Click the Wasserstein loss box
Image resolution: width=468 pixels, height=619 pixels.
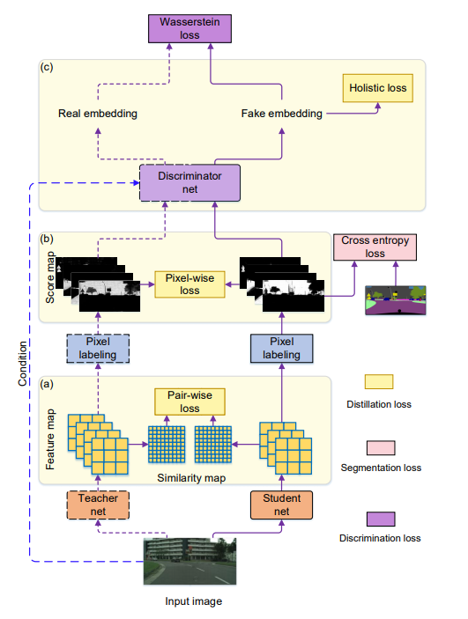point(189,28)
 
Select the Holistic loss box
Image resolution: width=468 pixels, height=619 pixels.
point(378,88)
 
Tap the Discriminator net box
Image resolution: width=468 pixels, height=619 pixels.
point(189,183)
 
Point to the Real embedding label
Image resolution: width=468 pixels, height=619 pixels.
point(98,114)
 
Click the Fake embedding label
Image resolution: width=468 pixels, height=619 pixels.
point(282,114)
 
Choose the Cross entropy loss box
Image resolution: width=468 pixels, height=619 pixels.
point(375,247)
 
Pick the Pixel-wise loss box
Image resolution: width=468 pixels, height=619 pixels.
point(189,284)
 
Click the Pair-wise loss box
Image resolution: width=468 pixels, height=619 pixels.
point(189,402)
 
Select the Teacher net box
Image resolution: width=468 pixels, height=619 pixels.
point(98,505)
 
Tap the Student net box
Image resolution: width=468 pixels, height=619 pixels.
point(281,505)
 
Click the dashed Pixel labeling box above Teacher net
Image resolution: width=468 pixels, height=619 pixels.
point(98,348)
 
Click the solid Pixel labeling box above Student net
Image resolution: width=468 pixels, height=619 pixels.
point(281,348)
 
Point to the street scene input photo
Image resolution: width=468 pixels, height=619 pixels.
point(189,561)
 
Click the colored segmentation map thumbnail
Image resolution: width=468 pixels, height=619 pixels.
point(396,300)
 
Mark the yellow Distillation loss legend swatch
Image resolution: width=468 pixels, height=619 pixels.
point(379,382)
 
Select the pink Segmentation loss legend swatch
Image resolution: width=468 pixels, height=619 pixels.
point(381,448)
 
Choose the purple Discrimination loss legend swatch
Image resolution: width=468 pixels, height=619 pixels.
point(381,520)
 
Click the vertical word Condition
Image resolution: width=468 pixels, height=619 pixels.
point(23,364)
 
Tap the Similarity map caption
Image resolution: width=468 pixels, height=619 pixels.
point(191,478)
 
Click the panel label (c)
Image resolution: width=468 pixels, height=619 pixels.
point(47,67)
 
